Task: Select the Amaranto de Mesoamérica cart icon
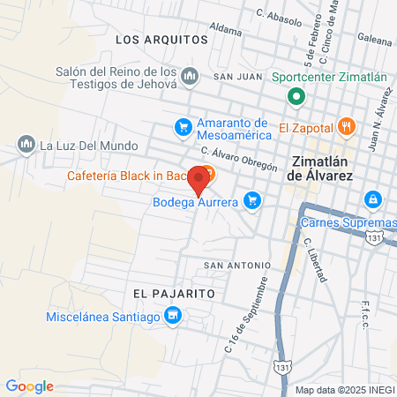click(x=183, y=128)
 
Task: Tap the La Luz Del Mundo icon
click(x=26, y=144)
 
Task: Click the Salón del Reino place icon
click(x=189, y=78)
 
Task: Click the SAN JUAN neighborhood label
click(x=234, y=77)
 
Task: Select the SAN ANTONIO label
click(x=236, y=265)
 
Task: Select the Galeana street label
click(x=374, y=39)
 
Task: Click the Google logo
click(x=29, y=386)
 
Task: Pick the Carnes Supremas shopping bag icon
click(x=374, y=198)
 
